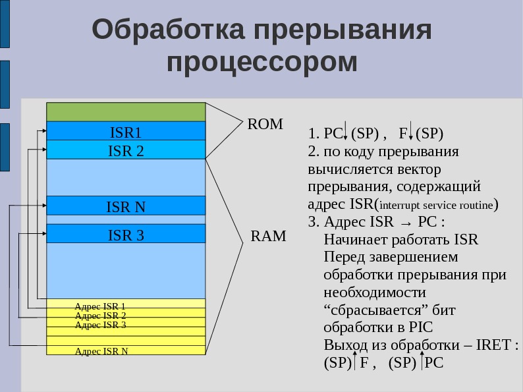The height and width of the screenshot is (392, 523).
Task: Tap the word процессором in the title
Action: coord(261,63)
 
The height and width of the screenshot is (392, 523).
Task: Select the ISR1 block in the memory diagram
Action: coord(126,132)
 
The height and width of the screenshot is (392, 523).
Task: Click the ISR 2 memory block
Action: coord(126,150)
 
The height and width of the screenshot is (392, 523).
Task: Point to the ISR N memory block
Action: coord(126,207)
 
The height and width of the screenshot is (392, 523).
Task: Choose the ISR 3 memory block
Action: coord(126,235)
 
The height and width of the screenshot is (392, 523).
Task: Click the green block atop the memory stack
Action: coord(126,112)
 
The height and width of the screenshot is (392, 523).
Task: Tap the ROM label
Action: coord(264,124)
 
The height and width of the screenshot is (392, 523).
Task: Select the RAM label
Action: coord(269,237)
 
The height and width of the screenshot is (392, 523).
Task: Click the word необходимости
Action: coord(374,292)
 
